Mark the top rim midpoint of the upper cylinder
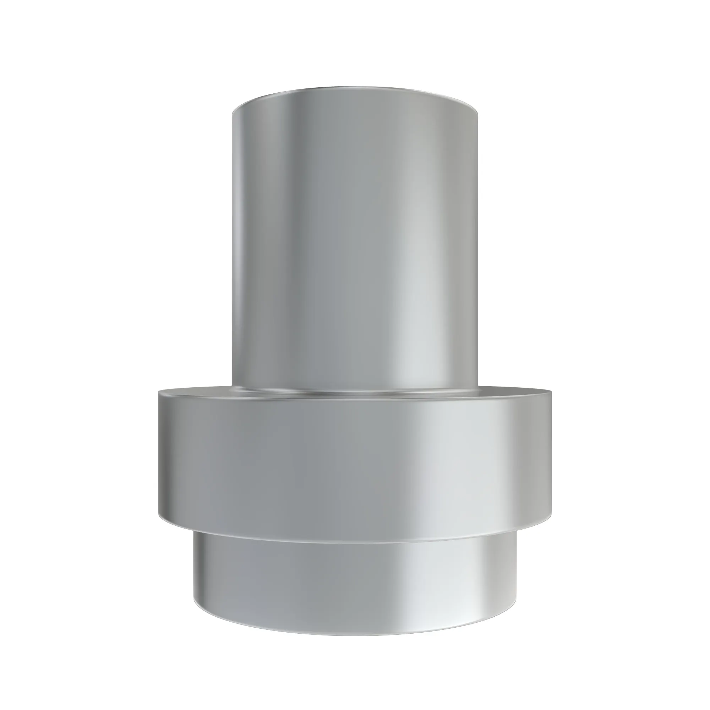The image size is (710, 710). pyautogui.click(x=355, y=87)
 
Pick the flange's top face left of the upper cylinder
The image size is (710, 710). pyautogui.click(x=195, y=393)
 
